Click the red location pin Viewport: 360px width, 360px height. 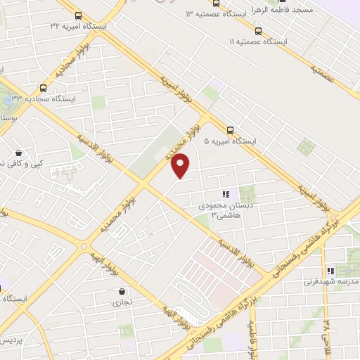pos(181,165)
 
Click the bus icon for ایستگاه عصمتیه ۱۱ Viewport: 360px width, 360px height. pos(258,31)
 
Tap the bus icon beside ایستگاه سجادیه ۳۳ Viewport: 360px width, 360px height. pos(44,88)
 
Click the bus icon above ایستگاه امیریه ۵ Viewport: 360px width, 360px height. pos(230,129)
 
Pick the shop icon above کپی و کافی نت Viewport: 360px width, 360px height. pos(18,153)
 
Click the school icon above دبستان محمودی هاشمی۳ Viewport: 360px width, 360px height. pos(226,194)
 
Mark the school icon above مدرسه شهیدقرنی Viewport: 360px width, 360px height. pos(329,271)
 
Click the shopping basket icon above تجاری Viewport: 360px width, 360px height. pos(122,291)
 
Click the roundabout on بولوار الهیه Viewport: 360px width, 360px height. pos(85,247)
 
